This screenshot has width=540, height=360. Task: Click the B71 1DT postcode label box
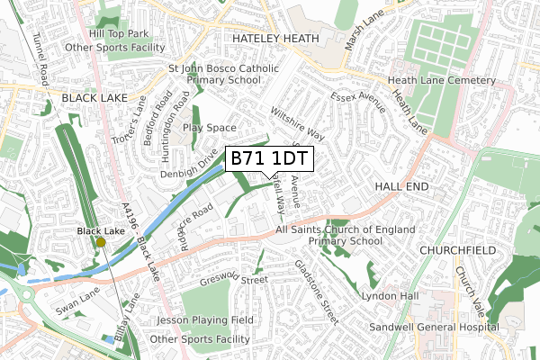tap(269, 159)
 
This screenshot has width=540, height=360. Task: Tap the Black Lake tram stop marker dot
tap(101, 242)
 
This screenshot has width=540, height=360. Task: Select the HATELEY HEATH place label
tap(275, 40)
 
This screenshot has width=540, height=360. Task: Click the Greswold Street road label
tap(237, 280)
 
